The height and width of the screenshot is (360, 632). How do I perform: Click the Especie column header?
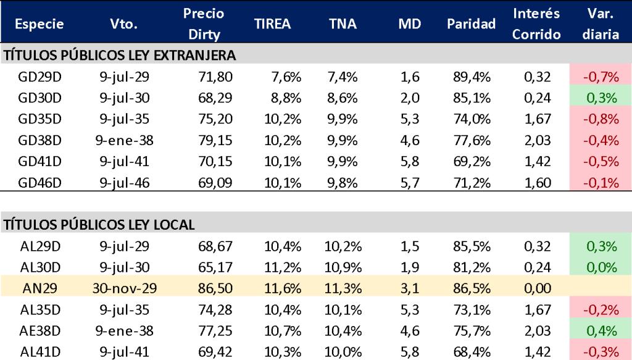[x=39, y=24]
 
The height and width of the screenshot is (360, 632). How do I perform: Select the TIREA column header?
[x=272, y=24]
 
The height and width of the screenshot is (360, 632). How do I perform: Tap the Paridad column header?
[x=472, y=24]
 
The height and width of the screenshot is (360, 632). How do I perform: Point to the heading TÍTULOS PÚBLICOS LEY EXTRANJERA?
[x=120, y=56]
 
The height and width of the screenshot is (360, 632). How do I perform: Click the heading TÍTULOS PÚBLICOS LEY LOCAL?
[x=99, y=225]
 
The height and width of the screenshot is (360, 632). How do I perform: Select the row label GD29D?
[x=41, y=77]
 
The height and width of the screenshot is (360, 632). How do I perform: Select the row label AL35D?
[x=41, y=309]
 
